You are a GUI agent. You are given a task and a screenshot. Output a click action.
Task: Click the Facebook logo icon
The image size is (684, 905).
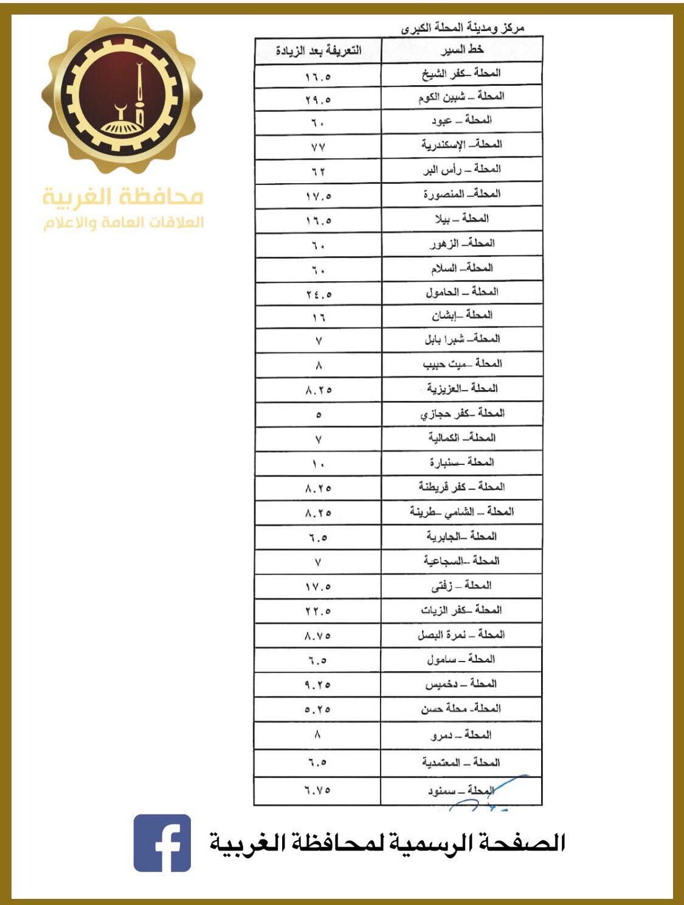pyautogui.click(x=162, y=843)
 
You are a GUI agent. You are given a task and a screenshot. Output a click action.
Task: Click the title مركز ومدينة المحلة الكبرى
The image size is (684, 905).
pyautogui.click(x=463, y=28)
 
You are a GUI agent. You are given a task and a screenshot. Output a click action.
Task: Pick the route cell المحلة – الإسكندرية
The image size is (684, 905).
pyautogui.click(x=461, y=144)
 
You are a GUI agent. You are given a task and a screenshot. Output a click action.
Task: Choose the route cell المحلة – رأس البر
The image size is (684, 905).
pyautogui.click(x=461, y=169)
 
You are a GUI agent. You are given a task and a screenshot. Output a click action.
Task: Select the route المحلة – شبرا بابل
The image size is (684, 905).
pyautogui.click(x=461, y=339)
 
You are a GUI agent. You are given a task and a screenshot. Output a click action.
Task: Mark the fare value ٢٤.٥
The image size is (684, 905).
pyautogui.click(x=318, y=295)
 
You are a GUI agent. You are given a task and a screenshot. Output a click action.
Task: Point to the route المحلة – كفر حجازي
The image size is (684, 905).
pyautogui.click(x=462, y=413)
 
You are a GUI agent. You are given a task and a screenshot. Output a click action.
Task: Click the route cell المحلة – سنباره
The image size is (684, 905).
pyautogui.click(x=461, y=463)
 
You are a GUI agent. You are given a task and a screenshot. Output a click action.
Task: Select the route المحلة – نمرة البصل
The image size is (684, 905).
pyautogui.click(x=461, y=635)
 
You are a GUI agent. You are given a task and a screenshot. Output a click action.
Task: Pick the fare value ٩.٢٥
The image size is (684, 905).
pyautogui.click(x=318, y=685)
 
